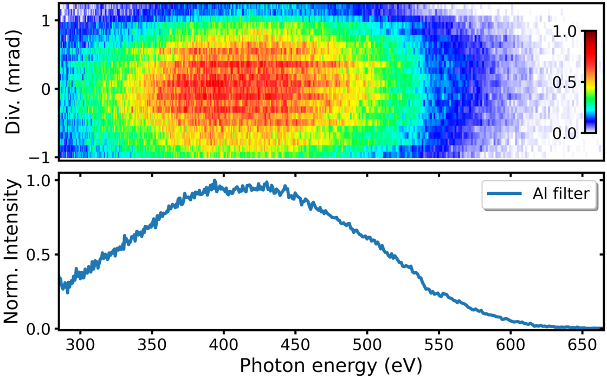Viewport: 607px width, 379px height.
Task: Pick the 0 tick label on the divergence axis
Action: pos(46,88)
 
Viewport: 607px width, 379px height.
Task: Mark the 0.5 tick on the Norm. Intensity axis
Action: pos(41,254)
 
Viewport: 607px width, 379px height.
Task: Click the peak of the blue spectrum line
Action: pos(215,181)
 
